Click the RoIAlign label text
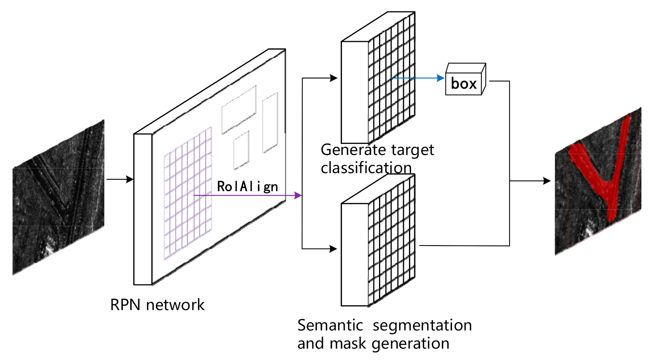247,186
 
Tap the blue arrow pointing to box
418,78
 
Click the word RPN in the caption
125,305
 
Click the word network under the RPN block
175,305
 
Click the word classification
366,168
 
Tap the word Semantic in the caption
330,325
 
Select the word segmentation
422,325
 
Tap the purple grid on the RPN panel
188,194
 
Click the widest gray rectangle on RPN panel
238,109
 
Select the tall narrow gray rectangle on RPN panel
270,122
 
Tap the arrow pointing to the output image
532,181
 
